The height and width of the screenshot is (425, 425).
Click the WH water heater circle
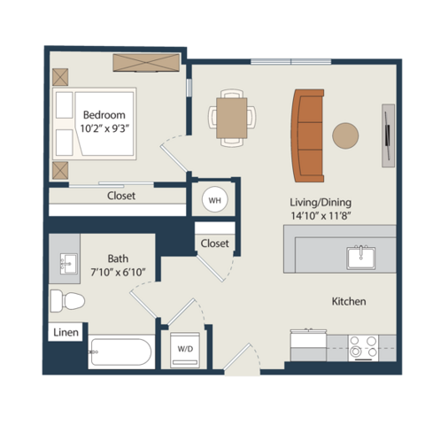(x=215, y=200)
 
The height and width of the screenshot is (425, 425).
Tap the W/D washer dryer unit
(x=185, y=350)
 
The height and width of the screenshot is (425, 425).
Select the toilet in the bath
(x=67, y=301)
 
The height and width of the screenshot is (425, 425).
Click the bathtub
(x=121, y=352)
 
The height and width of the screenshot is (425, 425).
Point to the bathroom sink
(x=68, y=264)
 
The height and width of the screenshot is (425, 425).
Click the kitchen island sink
(x=361, y=258)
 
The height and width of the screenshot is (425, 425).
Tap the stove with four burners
(x=363, y=348)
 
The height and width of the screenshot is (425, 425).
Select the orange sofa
(x=307, y=135)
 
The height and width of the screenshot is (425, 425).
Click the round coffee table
(x=345, y=135)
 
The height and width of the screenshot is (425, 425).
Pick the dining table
(x=232, y=118)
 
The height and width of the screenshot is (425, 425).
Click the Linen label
(x=66, y=332)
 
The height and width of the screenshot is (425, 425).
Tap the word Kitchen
(x=349, y=301)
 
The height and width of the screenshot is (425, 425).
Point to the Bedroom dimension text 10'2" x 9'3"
(x=104, y=128)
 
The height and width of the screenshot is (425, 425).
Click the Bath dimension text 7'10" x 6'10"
(x=118, y=272)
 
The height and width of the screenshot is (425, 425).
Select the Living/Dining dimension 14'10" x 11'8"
(x=321, y=216)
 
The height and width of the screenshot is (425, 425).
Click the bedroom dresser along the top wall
(x=146, y=63)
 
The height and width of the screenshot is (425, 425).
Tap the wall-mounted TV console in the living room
(x=389, y=135)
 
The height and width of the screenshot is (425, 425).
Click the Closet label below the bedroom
(x=121, y=196)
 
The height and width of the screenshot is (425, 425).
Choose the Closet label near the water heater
(x=214, y=243)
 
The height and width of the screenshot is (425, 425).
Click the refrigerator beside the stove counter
(x=308, y=345)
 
